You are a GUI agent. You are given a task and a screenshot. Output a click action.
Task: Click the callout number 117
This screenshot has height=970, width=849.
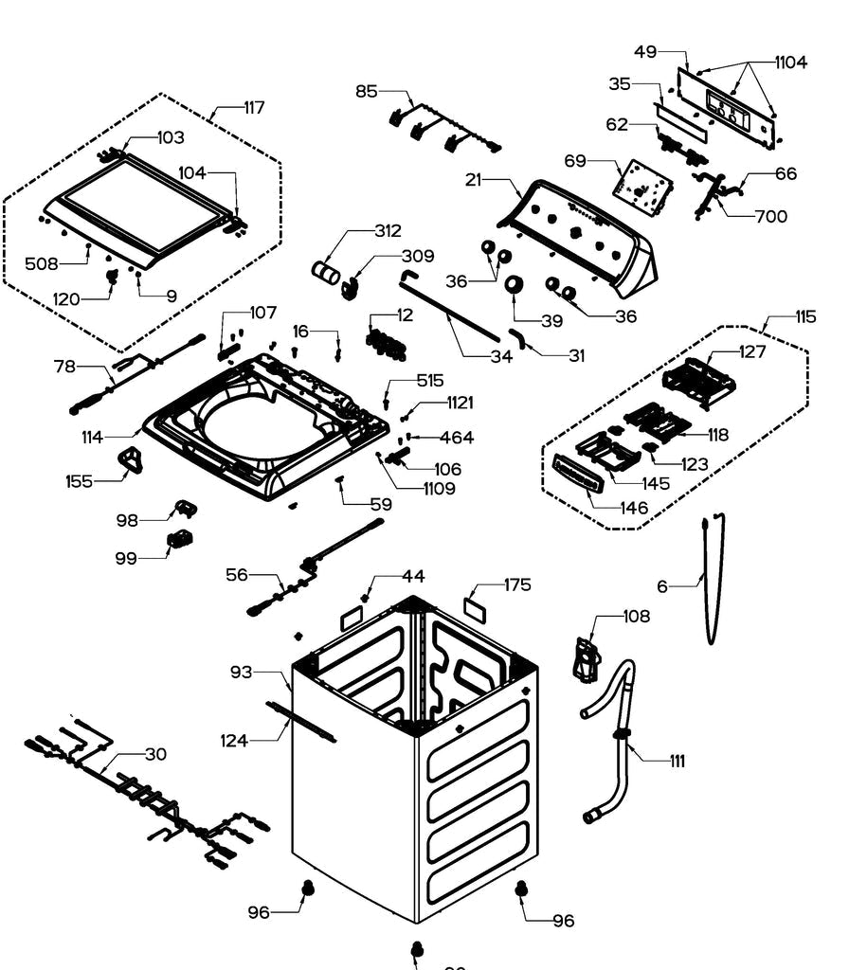[x=252, y=108]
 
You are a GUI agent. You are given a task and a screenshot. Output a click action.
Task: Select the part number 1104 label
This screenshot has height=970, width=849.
[x=790, y=63]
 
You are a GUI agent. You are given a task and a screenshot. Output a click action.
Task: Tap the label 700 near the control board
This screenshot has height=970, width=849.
[x=770, y=217]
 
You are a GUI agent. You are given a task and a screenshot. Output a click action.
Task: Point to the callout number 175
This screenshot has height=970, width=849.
[x=517, y=584]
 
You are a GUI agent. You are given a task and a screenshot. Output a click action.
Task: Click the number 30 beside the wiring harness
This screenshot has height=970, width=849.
[x=155, y=755]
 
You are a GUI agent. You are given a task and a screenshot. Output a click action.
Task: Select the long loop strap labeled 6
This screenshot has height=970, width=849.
[x=711, y=578]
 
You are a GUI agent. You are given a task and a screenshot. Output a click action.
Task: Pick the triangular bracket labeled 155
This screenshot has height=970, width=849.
[x=130, y=462]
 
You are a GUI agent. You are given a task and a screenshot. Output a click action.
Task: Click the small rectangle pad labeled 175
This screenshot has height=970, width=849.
[x=475, y=606]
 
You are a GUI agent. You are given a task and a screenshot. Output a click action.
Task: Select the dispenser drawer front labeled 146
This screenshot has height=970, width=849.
[x=575, y=473]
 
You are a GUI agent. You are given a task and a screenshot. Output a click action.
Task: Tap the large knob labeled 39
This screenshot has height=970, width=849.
[x=515, y=285]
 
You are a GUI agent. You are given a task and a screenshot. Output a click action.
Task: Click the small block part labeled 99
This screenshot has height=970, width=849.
[x=179, y=541]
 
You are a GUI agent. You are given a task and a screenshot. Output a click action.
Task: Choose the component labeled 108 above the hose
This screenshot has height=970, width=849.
[x=587, y=659]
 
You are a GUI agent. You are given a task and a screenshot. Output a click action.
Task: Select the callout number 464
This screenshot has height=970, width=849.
[x=457, y=438]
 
